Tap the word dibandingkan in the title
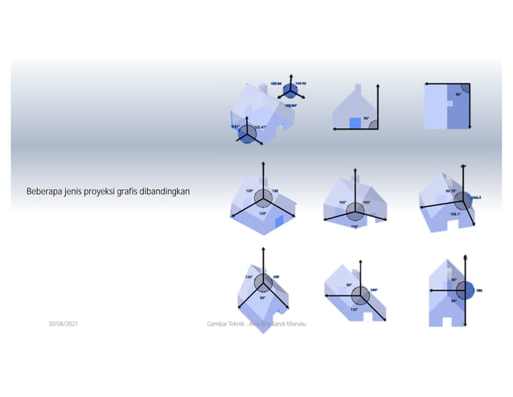click(173, 192)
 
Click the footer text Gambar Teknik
click(224, 323)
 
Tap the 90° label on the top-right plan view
click(458, 94)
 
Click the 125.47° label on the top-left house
click(261, 127)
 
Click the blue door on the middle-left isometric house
click(280, 221)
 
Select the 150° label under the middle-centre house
click(355, 226)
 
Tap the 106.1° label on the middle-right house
click(455, 213)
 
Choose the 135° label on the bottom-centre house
click(354, 308)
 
